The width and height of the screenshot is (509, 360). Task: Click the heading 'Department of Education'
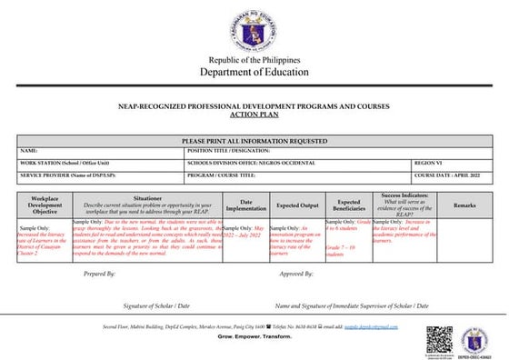point(254,72)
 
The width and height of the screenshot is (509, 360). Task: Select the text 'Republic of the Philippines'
point(254,59)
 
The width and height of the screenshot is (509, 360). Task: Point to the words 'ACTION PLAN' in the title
point(254,115)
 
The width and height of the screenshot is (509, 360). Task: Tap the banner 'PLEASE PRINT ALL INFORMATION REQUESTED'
point(254,141)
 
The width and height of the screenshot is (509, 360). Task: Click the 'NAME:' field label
point(28,151)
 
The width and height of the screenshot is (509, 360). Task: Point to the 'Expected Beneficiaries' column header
point(348,205)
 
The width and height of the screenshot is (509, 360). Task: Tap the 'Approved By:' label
point(296,273)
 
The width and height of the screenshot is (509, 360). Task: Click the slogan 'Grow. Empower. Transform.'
point(254,335)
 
